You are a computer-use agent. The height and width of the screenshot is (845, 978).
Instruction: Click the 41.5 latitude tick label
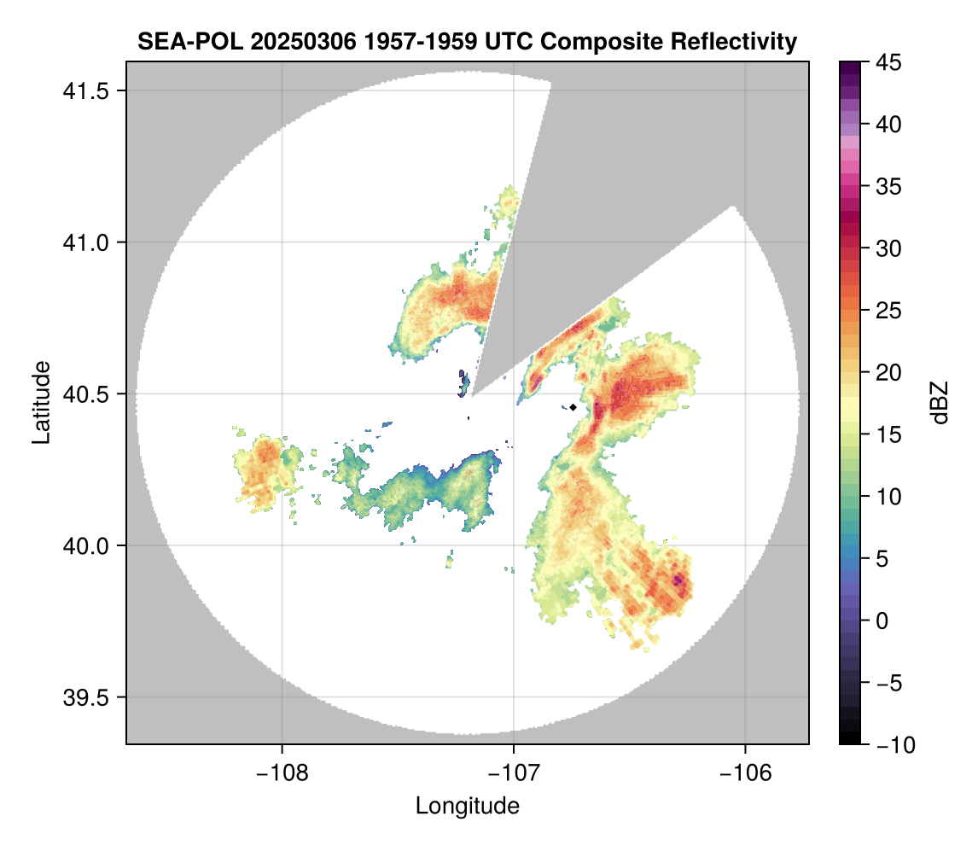[85, 91]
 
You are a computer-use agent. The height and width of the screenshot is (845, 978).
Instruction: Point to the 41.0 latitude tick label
[85, 242]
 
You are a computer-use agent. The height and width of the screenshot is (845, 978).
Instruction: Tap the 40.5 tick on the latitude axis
[85, 394]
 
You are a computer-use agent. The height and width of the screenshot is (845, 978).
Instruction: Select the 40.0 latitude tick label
[85, 545]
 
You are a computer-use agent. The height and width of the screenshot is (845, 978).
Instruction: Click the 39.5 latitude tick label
[85, 697]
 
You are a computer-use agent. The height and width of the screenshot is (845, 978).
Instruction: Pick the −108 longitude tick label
[282, 773]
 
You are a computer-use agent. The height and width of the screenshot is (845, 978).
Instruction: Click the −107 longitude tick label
[514, 773]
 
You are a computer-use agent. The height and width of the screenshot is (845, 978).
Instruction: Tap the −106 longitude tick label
[746, 773]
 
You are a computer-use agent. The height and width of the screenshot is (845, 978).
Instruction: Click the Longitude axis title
[467, 806]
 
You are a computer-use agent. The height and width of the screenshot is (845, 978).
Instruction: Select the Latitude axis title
[41, 402]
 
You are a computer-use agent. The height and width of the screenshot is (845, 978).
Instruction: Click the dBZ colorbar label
[940, 403]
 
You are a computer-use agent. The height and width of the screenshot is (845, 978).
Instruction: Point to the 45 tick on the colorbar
[888, 62]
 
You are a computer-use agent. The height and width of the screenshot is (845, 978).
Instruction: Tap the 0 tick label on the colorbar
[882, 621]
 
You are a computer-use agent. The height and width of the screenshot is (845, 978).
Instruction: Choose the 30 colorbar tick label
[888, 248]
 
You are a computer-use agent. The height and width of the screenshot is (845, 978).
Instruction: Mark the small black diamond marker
[573, 407]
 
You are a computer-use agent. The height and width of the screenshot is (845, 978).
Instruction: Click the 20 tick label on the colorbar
[888, 372]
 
